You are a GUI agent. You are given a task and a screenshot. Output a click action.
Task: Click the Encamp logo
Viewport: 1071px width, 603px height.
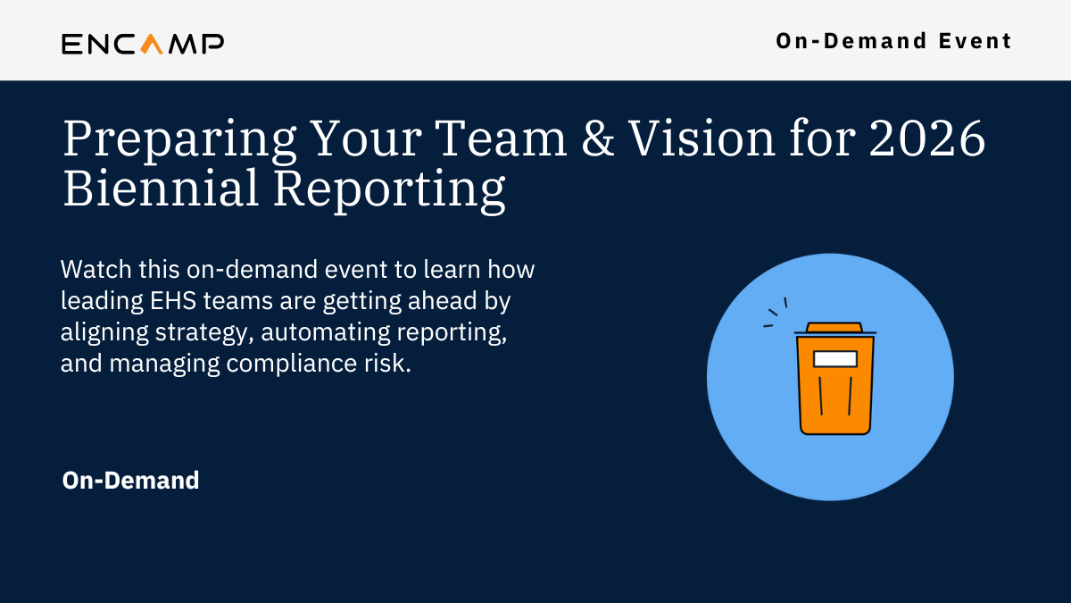click(x=143, y=44)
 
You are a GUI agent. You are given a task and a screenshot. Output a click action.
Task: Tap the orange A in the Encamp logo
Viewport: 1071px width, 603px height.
click(x=152, y=44)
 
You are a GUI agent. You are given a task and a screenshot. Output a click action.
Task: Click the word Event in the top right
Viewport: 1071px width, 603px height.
click(x=975, y=41)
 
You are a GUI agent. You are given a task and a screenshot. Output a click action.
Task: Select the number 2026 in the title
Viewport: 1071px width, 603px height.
click(x=927, y=138)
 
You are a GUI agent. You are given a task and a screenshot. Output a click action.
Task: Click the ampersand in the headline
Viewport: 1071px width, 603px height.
click(x=598, y=138)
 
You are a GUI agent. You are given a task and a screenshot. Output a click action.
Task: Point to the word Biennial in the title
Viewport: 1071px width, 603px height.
click(x=161, y=188)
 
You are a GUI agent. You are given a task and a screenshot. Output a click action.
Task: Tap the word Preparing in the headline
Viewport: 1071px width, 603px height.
click(x=179, y=141)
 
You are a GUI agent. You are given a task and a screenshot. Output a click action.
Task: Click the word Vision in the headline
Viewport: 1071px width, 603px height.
click(x=702, y=138)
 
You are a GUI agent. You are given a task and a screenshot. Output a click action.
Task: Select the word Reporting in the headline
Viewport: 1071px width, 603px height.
click(x=389, y=191)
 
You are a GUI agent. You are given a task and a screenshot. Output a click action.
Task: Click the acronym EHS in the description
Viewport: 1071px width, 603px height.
click(x=173, y=301)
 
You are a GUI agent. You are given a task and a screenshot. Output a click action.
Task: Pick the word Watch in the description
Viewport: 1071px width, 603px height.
click(x=96, y=270)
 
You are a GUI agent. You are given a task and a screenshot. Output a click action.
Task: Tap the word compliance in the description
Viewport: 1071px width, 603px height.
click(x=292, y=364)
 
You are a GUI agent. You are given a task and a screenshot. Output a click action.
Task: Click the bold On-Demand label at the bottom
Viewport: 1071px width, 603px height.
click(x=130, y=481)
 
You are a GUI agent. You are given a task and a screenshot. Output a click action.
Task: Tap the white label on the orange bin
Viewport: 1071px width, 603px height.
click(x=834, y=359)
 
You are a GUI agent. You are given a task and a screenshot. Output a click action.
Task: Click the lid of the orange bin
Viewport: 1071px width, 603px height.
click(x=834, y=328)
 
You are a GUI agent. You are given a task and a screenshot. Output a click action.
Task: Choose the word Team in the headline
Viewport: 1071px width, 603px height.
click(x=501, y=138)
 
